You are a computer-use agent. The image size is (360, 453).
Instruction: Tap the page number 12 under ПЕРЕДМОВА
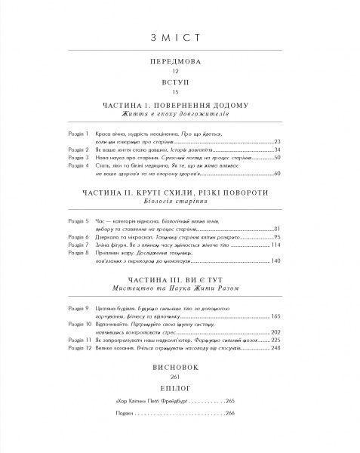180,72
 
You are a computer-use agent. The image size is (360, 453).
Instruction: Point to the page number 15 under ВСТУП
180,91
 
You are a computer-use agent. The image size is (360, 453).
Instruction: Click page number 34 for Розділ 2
276,149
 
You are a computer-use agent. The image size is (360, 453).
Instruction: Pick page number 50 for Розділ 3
276,157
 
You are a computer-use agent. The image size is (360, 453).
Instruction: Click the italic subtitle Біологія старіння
180,203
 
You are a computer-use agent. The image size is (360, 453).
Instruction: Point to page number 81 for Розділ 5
276,228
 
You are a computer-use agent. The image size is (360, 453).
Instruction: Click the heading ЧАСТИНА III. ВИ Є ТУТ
180,278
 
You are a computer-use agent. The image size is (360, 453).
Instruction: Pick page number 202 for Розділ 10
275,332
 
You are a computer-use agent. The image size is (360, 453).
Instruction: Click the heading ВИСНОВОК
180,371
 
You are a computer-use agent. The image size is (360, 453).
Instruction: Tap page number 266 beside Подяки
232,414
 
